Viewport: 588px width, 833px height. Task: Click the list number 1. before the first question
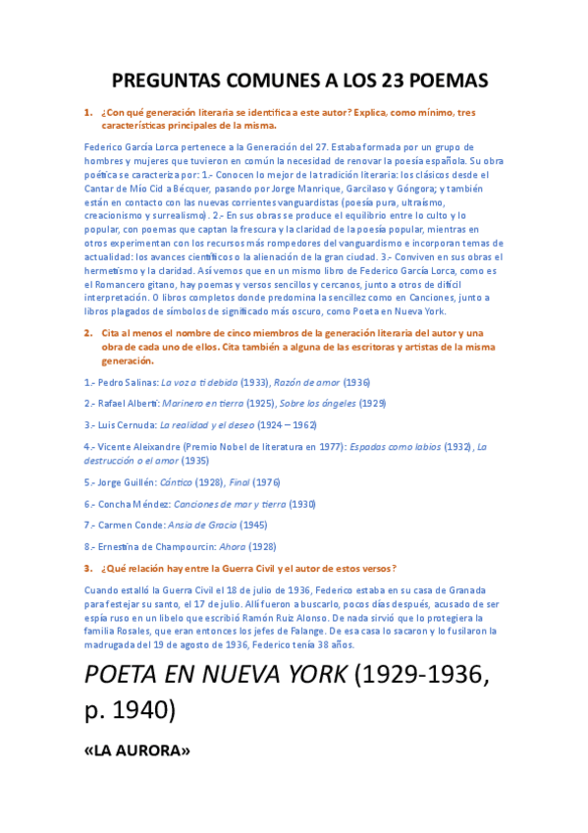click(x=88, y=113)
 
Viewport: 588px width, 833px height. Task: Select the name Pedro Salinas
click(x=127, y=382)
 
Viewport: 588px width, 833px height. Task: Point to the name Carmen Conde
click(x=130, y=525)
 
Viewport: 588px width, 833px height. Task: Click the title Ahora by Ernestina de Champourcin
click(x=234, y=546)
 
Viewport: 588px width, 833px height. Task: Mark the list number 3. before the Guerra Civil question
click(x=88, y=568)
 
